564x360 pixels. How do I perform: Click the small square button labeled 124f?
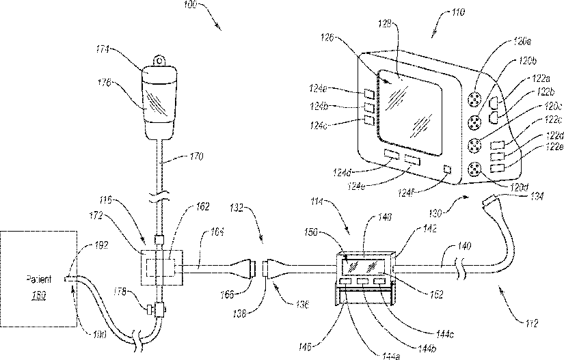click(x=448, y=169)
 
